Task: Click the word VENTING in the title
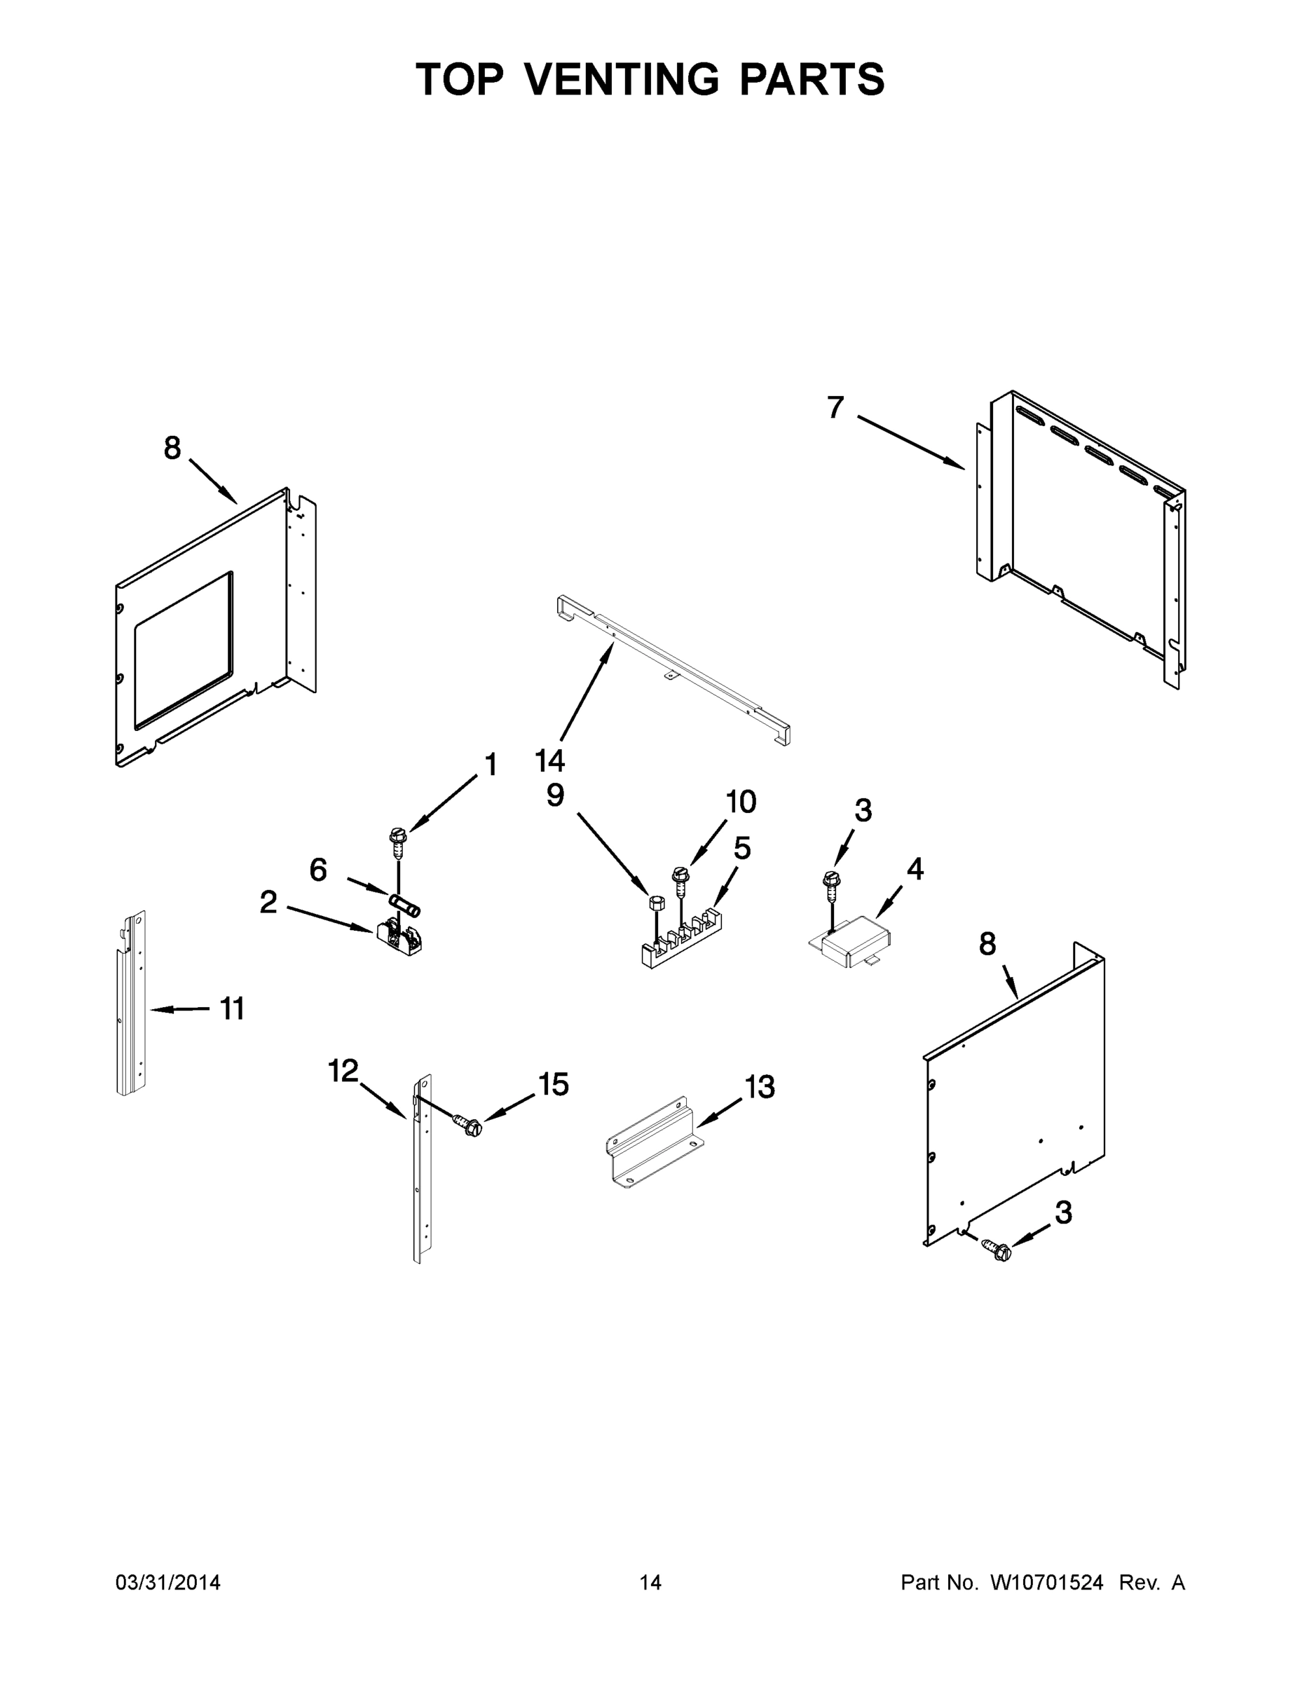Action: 623,79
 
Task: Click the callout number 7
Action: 835,406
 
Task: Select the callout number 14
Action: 550,761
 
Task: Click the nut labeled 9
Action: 657,902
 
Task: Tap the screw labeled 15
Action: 467,1126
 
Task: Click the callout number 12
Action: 343,1070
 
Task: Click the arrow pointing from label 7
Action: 910,442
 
